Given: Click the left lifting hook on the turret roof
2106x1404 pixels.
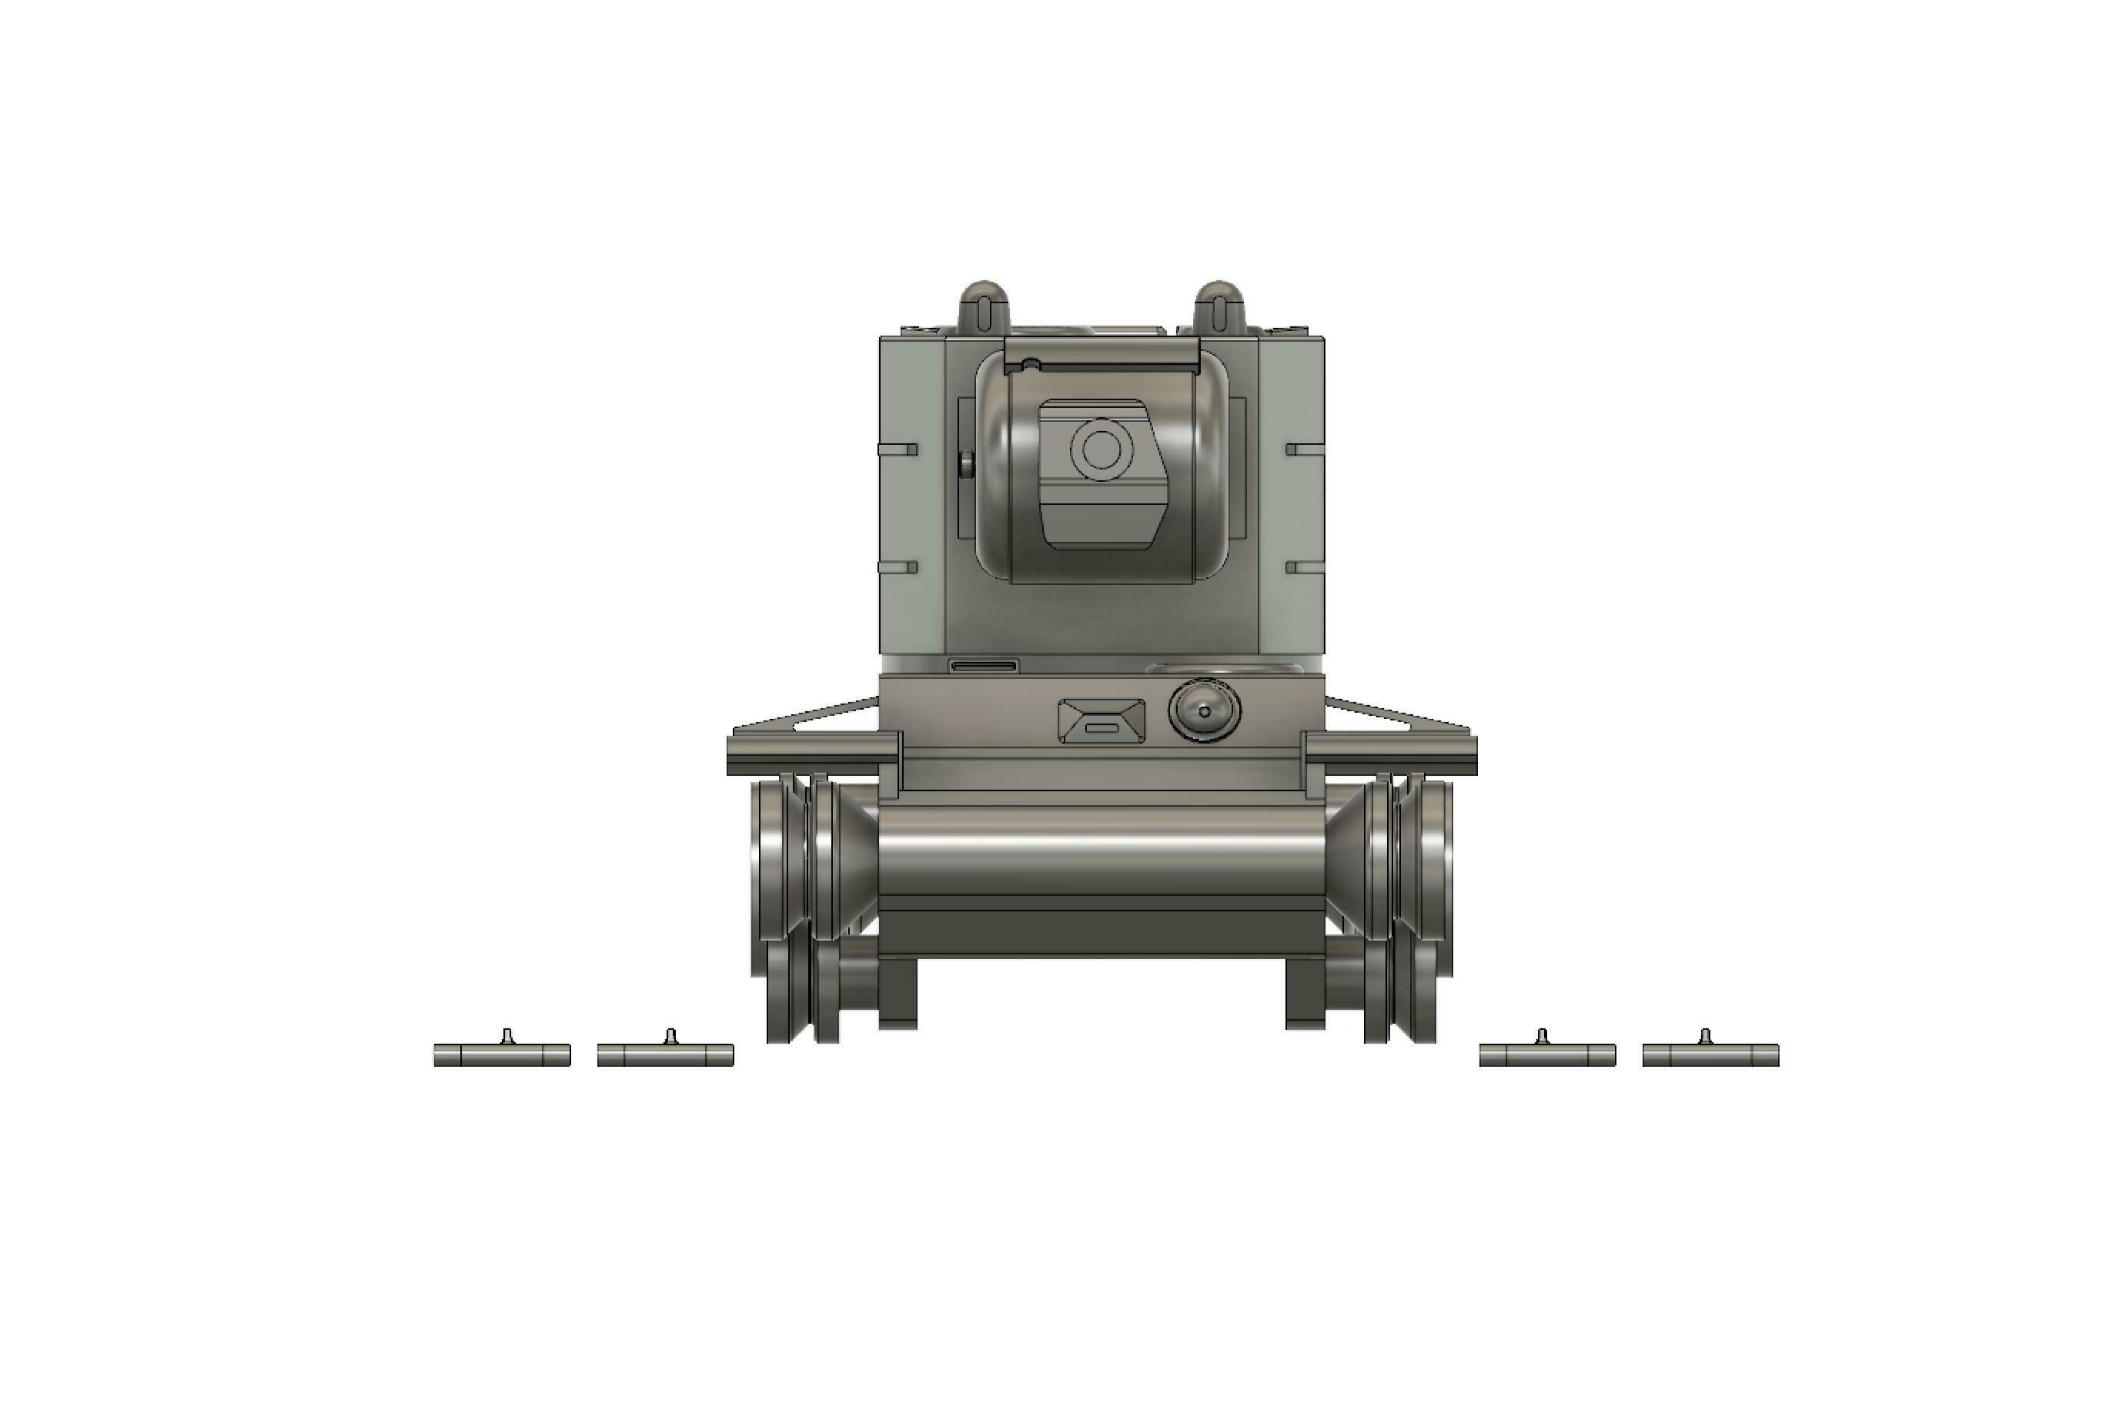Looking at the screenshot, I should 984,306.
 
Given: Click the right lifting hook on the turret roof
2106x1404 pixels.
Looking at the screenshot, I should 1218,306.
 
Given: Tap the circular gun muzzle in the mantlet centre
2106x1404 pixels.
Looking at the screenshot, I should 1101,450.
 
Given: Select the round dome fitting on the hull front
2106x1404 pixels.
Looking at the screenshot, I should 1205,711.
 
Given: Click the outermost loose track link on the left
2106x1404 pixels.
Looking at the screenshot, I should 503,1055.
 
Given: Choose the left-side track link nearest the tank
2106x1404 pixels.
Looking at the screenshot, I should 665,1055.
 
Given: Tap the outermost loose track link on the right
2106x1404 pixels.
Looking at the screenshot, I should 1710,1055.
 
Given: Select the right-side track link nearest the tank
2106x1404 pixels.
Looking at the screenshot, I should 1547,1055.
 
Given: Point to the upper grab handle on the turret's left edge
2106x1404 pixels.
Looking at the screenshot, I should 898,449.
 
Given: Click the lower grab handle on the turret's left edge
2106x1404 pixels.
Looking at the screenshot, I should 898,568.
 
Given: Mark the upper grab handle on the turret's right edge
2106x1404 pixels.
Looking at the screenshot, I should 1305,449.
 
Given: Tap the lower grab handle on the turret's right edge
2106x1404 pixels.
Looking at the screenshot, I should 1305,568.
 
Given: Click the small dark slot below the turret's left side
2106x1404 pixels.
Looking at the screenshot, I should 984,666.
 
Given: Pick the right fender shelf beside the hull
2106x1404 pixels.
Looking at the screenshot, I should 1389,752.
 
